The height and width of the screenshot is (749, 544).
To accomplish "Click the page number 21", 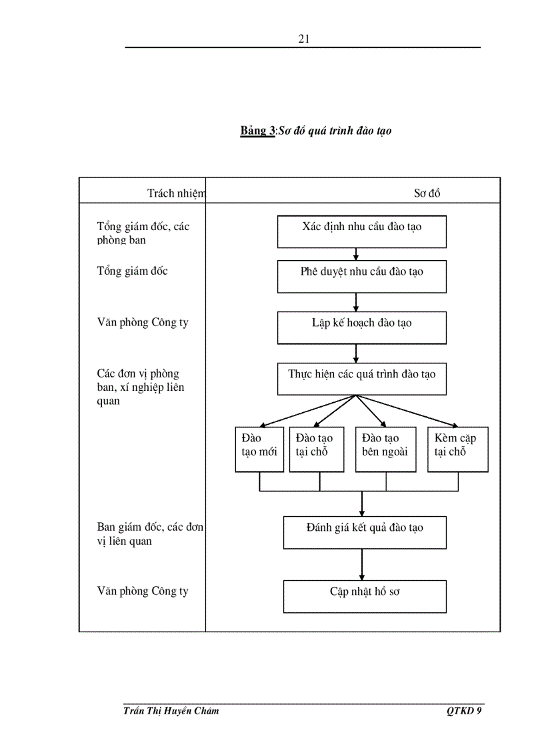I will [x=303, y=39].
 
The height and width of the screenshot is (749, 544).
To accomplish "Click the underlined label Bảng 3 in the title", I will [x=257, y=131].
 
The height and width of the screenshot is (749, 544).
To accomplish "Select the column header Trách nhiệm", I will [x=176, y=193].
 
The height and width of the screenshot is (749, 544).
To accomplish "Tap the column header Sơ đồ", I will [x=427, y=193].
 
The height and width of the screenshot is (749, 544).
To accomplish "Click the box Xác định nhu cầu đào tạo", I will [x=362, y=231].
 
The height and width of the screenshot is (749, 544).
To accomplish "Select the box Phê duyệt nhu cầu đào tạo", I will [x=362, y=276].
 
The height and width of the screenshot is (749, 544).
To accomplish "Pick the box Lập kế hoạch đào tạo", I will [x=362, y=327].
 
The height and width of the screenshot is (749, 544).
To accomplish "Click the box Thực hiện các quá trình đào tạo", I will [x=362, y=379].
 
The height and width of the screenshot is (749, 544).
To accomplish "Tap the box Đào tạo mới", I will [x=259, y=449].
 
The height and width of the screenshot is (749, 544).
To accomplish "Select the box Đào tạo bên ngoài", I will [x=385, y=449].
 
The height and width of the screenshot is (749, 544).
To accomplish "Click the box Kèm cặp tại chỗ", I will [x=457, y=449].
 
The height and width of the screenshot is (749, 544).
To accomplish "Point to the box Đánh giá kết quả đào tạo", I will [x=365, y=532].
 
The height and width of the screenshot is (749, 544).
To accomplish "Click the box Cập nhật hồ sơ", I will [x=365, y=596].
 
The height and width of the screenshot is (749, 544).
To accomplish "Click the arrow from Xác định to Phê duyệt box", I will [x=356, y=254].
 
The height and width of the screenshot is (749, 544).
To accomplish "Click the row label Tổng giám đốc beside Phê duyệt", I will [x=133, y=271].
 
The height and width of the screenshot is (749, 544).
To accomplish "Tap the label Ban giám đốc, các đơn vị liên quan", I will [x=150, y=534].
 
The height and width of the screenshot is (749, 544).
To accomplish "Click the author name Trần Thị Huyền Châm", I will [x=171, y=711].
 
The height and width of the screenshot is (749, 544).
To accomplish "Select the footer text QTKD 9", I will [x=464, y=711].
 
